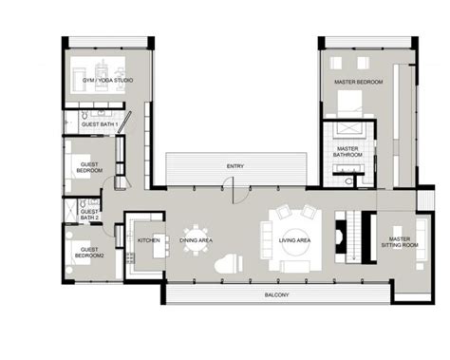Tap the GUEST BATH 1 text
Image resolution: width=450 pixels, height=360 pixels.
[x=98, y=124]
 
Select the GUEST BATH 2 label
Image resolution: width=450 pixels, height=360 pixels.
[x=88, y=215]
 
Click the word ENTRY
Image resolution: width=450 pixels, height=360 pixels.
[x=234, y=166]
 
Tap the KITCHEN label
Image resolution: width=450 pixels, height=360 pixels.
[x=149, y=240]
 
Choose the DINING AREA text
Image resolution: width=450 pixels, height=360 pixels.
[x=197, y=240]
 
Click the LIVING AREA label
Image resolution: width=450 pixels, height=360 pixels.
[x=291, y=240]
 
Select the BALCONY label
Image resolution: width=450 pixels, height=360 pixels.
[x=277, y=294]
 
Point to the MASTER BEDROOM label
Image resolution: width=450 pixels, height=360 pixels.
[x=358, y=83]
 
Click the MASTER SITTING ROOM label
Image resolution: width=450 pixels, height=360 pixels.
[x=399, y=242]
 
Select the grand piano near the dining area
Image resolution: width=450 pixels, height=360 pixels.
[x=227, y=264]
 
